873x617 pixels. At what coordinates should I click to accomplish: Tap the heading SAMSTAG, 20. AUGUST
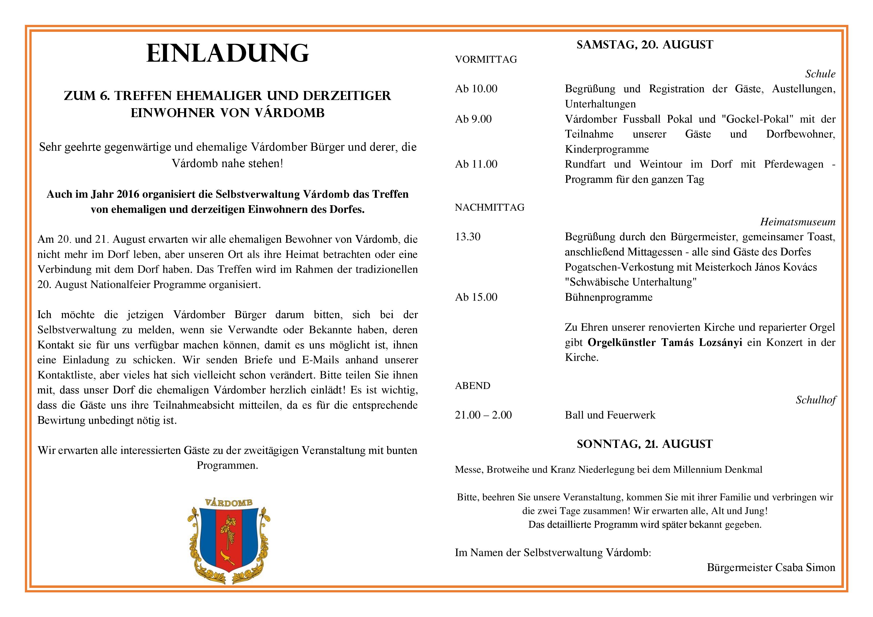coord(645,45)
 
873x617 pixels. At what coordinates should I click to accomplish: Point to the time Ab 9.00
coord(473,119)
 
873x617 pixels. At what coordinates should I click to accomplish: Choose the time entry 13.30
coord(468,237)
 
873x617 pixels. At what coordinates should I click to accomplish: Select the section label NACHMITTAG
coord(489,207)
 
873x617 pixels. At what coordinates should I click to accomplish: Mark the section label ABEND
coord(472,386)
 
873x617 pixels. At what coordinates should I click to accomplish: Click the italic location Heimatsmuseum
coord(798,222)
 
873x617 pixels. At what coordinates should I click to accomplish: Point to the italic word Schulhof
coord(816,400)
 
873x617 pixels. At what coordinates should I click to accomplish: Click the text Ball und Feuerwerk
coord(610,415)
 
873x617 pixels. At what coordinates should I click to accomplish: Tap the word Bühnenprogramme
coord(608,297)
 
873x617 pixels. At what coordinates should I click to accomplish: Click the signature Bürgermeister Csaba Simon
coord(771,568)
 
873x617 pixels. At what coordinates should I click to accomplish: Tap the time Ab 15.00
coord(476,297)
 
